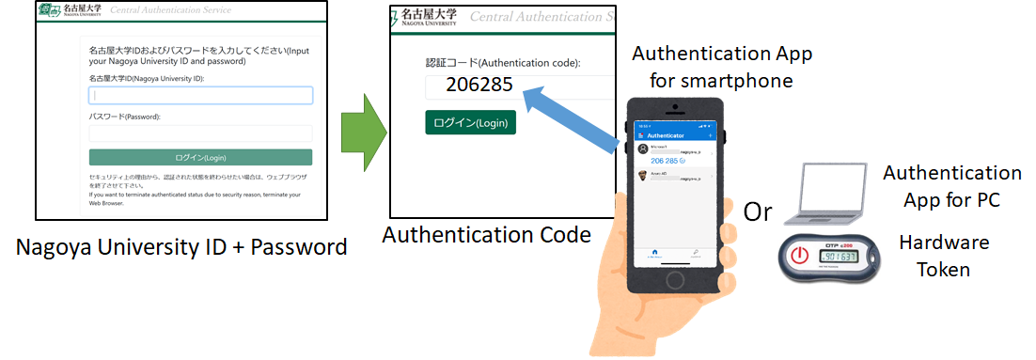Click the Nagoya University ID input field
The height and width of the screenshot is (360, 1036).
click(200, 95)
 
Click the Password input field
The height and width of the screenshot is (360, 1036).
click(200, 133)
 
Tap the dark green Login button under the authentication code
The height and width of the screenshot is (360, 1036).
click(470, 122)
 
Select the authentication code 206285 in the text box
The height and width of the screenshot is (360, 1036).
click(479, 85)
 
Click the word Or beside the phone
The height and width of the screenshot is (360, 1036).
click(757, 211)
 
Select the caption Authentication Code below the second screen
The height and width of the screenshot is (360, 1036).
click(486, 234)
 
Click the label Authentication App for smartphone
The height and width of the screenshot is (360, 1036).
click(721, 67)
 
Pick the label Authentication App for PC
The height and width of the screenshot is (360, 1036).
click(950, 187)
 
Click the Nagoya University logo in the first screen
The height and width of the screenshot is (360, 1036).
click(70, 12)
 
